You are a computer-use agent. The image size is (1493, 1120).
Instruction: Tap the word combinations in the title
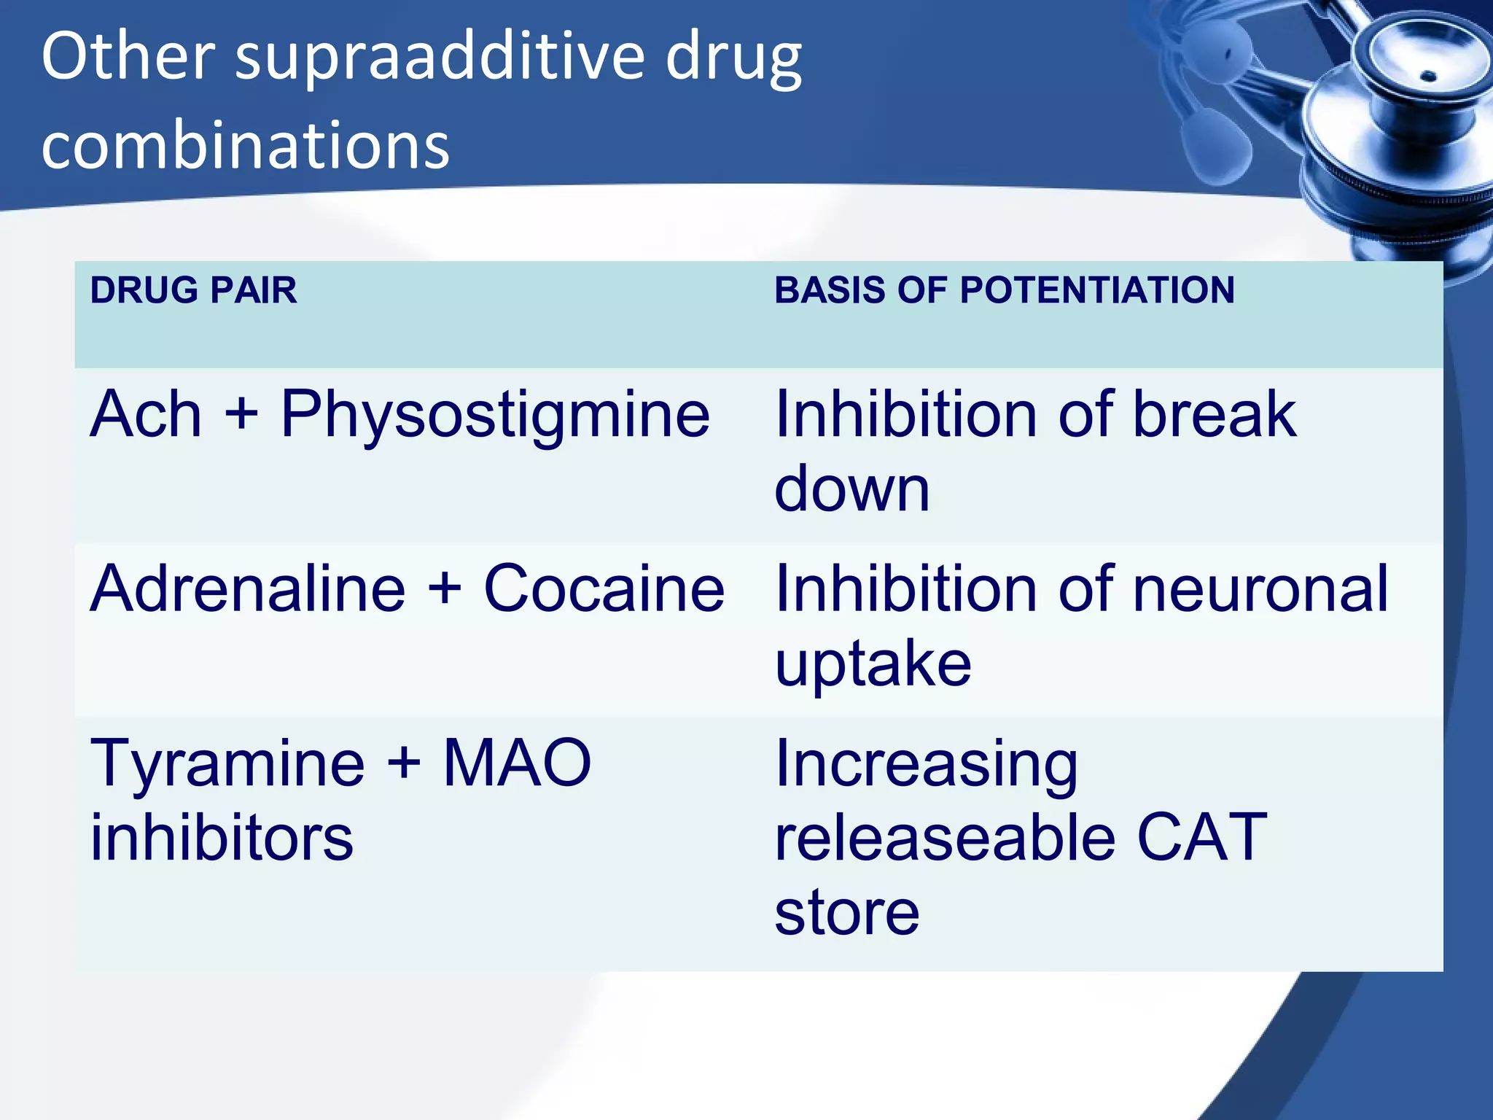click(x=246, y=145)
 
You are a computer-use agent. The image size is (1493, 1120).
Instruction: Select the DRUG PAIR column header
click(x=193, y=290)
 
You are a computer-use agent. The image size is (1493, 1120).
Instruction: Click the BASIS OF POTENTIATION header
click(x=1004, y=290)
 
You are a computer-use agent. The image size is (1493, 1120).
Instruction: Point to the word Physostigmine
click(x=495, y=416)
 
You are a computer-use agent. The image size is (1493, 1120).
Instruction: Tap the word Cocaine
click(x=604, y=588)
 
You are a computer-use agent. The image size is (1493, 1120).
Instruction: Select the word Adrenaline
click(x=247, y=588)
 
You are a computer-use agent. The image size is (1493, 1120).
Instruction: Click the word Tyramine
click(x=227, y=765)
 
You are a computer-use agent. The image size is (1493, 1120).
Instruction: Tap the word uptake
click(x=873, y=665)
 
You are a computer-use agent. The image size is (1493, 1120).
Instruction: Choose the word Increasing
click(x=926, y=765)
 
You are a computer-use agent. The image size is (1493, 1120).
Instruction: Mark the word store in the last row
click(x=846, y=913)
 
